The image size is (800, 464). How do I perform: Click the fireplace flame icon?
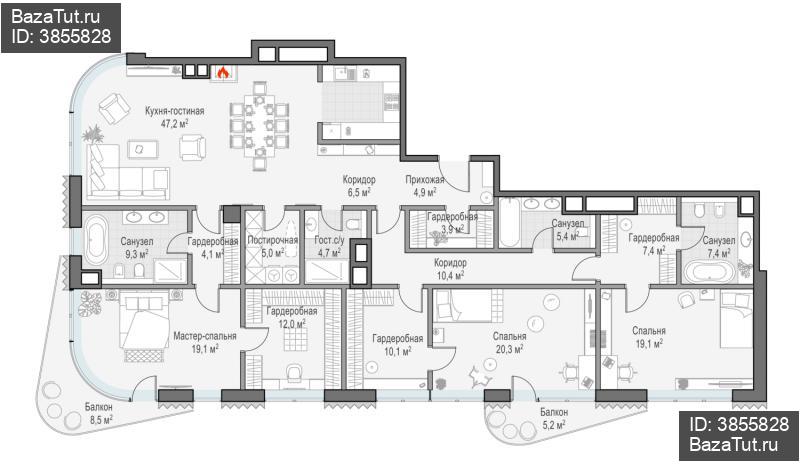[x=222, y=73]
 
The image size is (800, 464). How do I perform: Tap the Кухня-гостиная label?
[x=174, y=111]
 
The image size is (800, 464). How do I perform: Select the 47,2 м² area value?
[x=174, y=123]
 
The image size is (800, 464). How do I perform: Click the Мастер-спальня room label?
[x=205, y=336]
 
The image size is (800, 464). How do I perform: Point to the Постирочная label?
[x=272, y=240]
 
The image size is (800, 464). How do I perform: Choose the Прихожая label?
[x=424, y=180]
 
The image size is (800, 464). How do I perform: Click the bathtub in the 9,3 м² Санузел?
[x=96, y=239]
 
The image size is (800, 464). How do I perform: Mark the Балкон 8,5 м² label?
[x=98, y=413]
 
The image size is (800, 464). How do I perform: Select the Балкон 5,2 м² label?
[x=554, y=418]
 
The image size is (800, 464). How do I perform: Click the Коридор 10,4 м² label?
[x=449, y=269]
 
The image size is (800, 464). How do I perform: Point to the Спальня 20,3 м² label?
[x=509, y=343]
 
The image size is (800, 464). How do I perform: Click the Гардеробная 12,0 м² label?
[x=291, y=317]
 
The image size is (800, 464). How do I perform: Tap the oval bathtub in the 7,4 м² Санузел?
[x=709, y=272]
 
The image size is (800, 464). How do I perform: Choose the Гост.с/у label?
[x=329, y=240]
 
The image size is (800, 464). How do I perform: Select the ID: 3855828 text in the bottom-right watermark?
[x=739, y=424]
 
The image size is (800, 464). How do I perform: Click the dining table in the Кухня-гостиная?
[x=260, y=126]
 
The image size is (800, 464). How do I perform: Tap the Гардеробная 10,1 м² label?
[x=397, y=345]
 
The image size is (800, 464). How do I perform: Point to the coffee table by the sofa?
[x=143, y=149]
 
